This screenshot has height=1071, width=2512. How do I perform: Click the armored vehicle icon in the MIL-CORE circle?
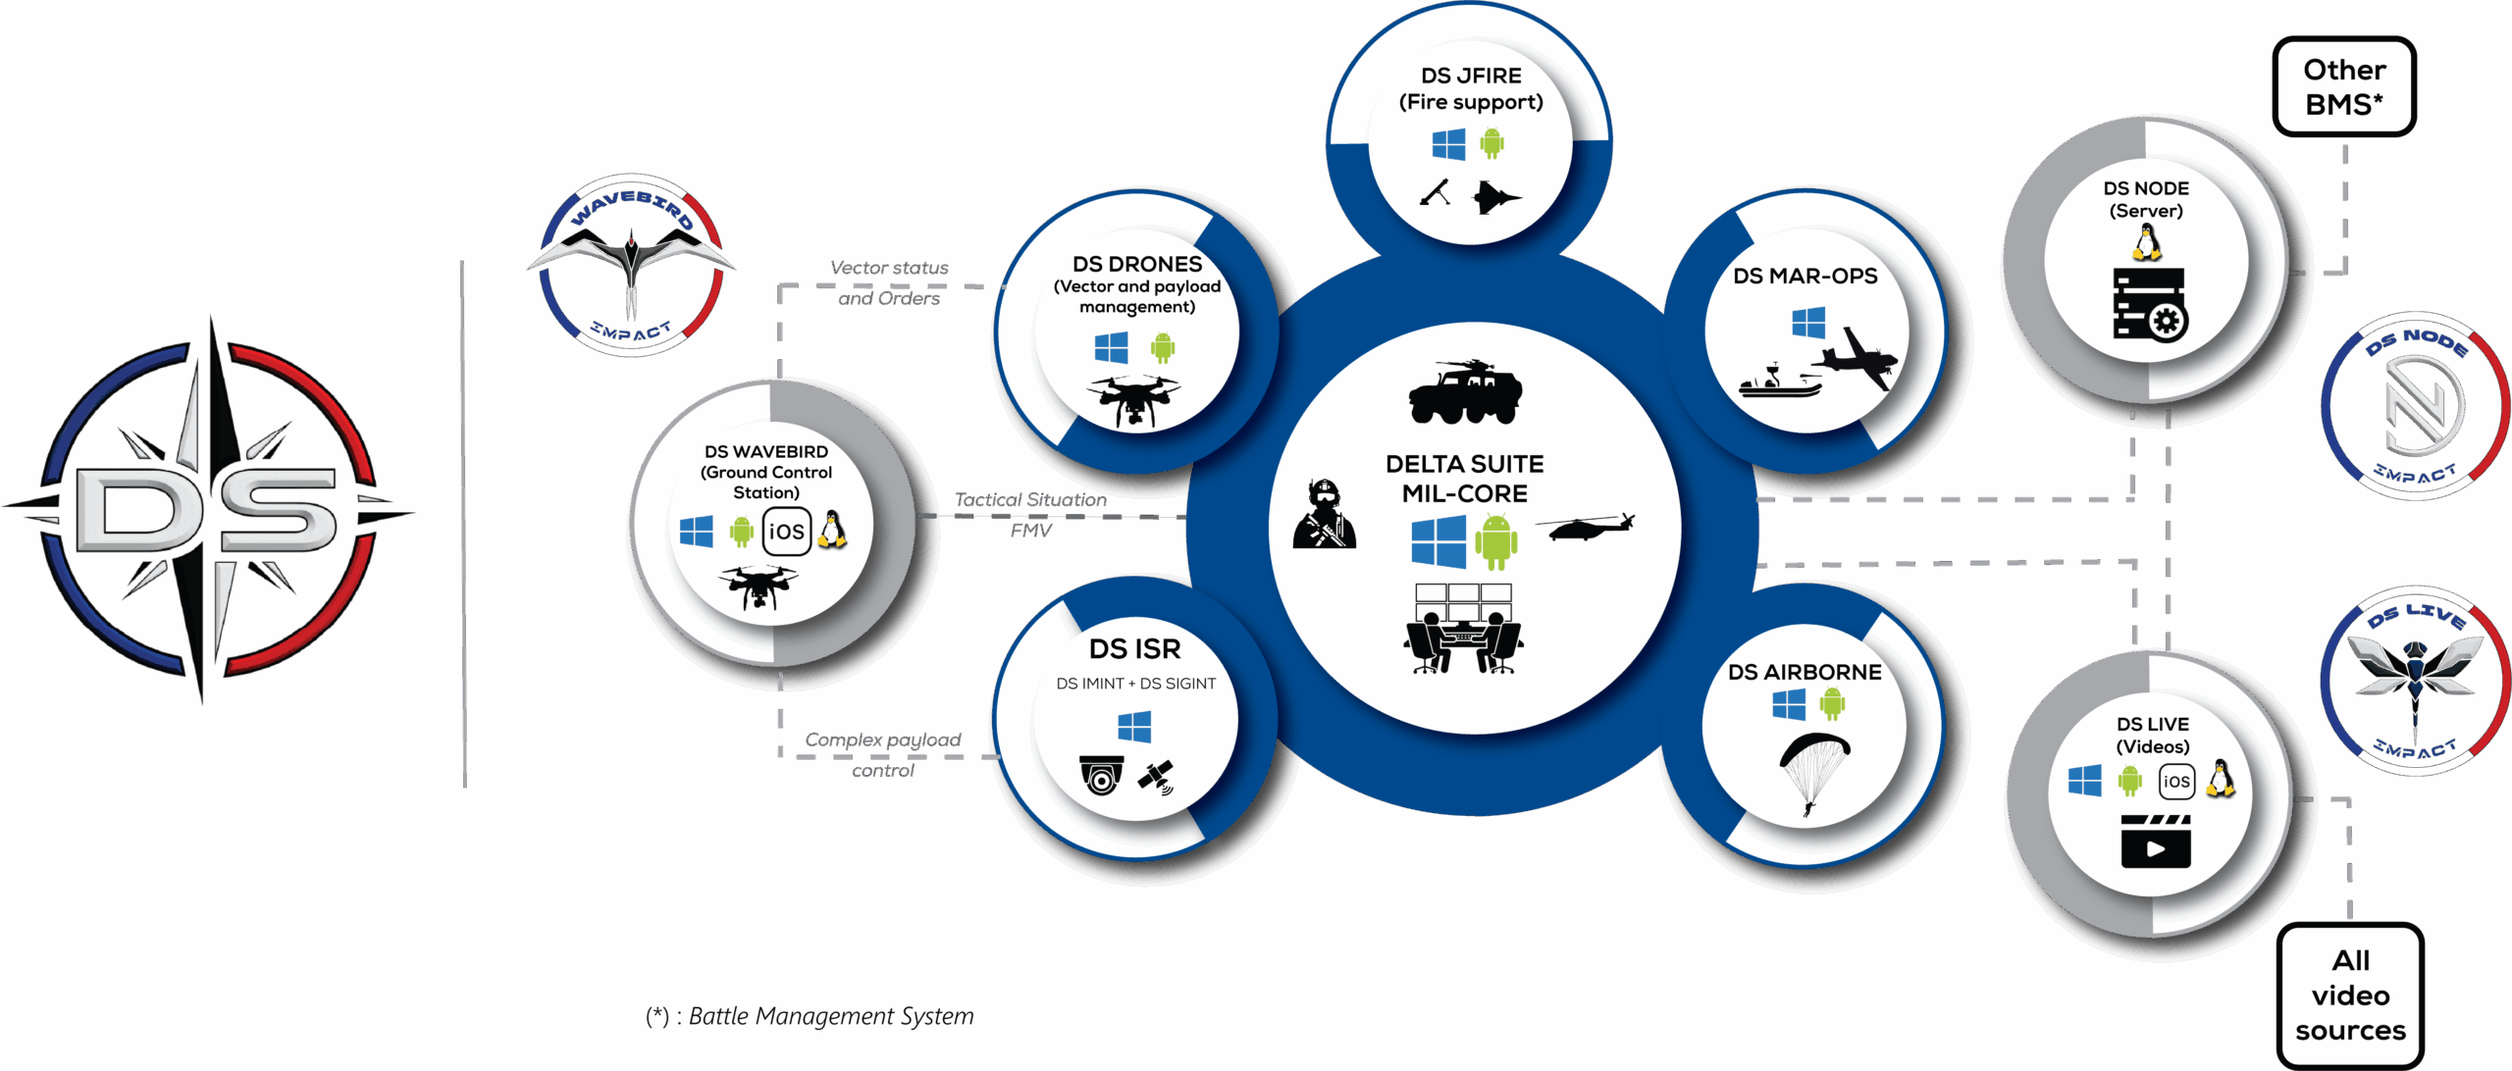[1464, 392]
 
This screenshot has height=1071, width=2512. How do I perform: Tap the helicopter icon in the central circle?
[1585, 527]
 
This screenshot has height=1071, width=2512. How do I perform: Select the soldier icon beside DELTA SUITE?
[1325, 515]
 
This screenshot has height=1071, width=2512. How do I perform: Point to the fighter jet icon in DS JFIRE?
[1495, 197]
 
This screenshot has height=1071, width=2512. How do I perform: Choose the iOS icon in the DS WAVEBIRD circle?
[786, 532]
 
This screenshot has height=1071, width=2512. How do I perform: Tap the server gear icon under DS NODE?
[2149, 305]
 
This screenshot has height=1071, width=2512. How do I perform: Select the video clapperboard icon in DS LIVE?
[2156, 841]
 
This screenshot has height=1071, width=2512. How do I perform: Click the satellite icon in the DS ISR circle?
[1157, 776]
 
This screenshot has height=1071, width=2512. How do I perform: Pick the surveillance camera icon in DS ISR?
[1101, 775]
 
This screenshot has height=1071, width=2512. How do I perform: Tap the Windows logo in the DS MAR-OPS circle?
[1807, 323]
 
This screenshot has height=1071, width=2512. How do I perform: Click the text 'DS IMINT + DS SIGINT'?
[1135, 684]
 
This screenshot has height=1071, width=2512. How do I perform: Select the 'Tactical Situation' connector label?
[1030, 500]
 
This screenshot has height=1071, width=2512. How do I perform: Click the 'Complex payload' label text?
[883, 739]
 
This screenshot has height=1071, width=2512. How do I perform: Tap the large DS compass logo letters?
[206, 510]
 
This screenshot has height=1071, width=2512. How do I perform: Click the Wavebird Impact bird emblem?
[631, 265]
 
